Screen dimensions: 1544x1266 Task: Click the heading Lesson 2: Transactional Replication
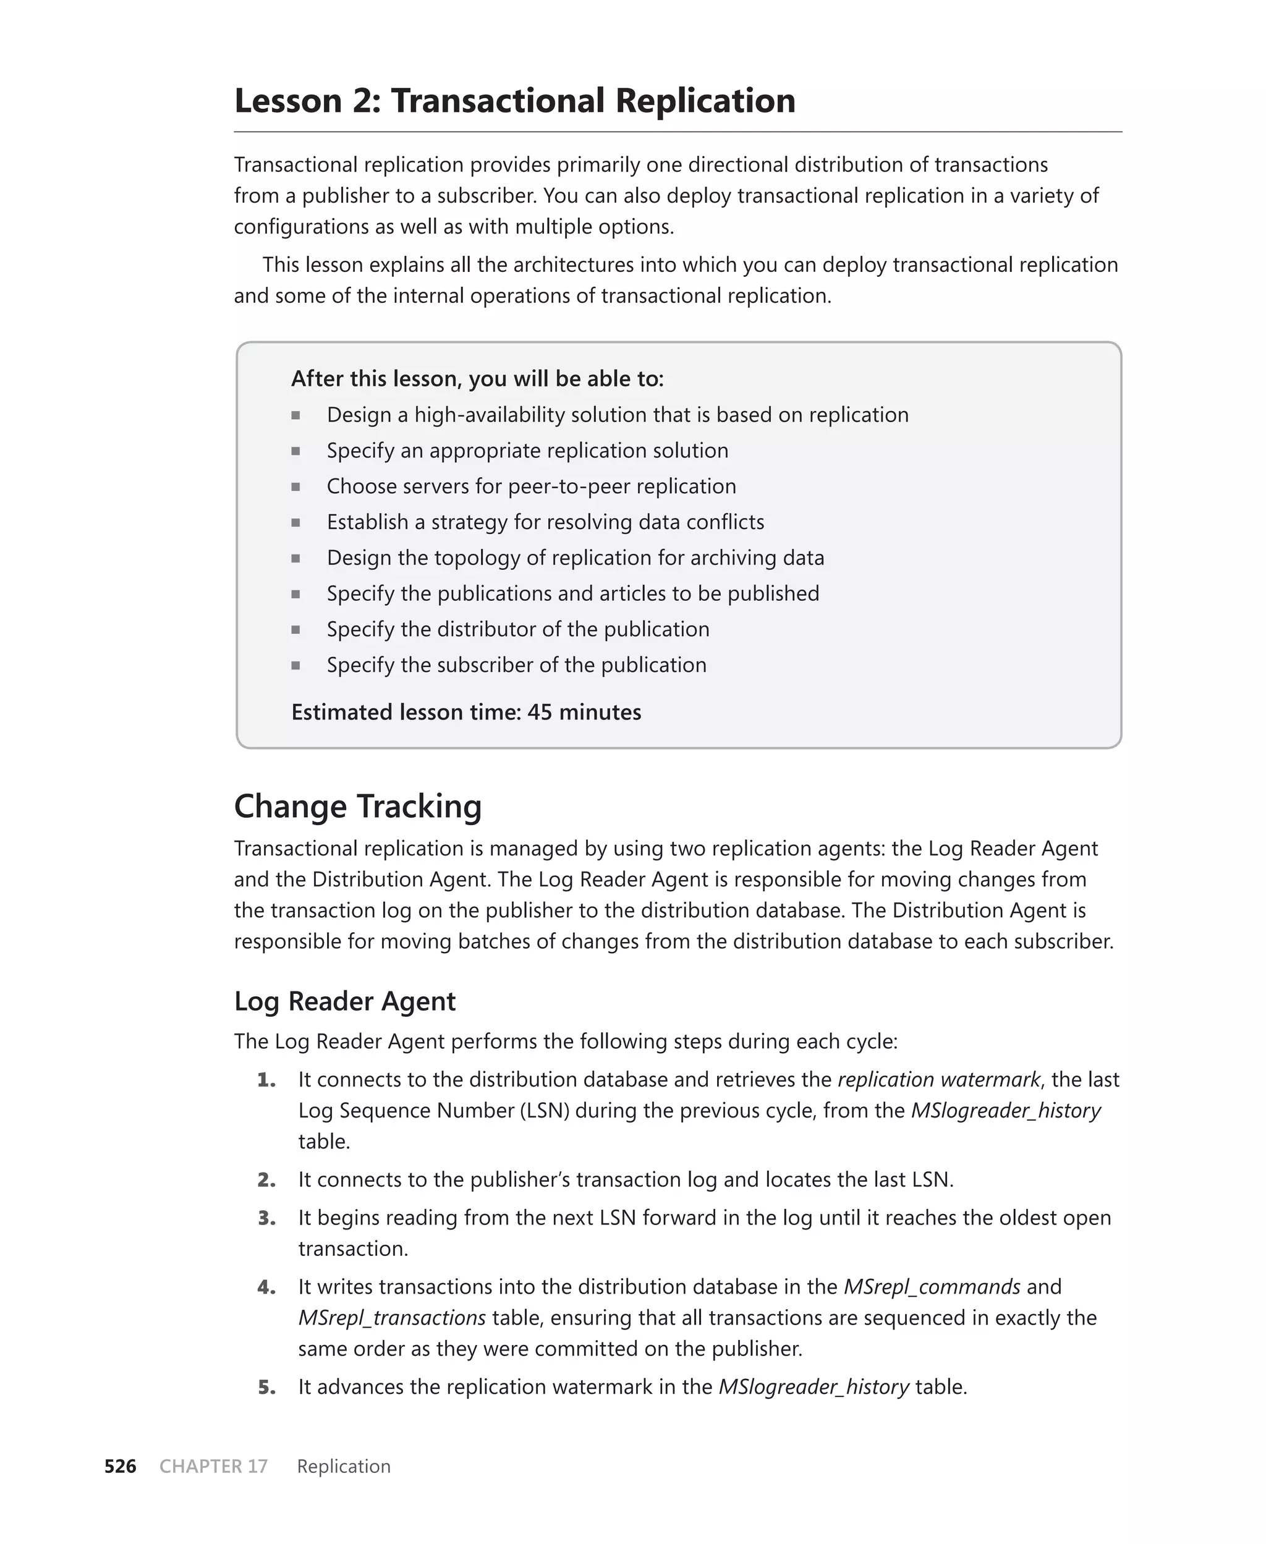[514, 101]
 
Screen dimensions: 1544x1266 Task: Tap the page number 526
[121, 1466]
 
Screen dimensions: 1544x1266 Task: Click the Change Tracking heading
[357, 806]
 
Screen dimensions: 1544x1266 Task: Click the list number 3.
[267, 1218]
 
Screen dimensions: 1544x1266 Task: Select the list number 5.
[267, 1386]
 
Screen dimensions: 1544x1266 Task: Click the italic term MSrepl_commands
[932, 1287]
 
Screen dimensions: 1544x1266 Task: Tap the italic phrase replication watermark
[938, 1079]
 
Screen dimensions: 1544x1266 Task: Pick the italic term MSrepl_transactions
[392, 1317]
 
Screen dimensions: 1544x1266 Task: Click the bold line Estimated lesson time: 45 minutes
[466, 711]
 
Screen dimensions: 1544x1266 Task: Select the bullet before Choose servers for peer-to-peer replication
[295, 486]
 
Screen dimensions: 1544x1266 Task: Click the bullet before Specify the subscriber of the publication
[295, 665]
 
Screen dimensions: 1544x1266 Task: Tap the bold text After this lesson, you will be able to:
[477, 378]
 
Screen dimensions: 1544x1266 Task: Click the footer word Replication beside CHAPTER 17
[344, 1466]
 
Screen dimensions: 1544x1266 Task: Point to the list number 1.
[267, 1080]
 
